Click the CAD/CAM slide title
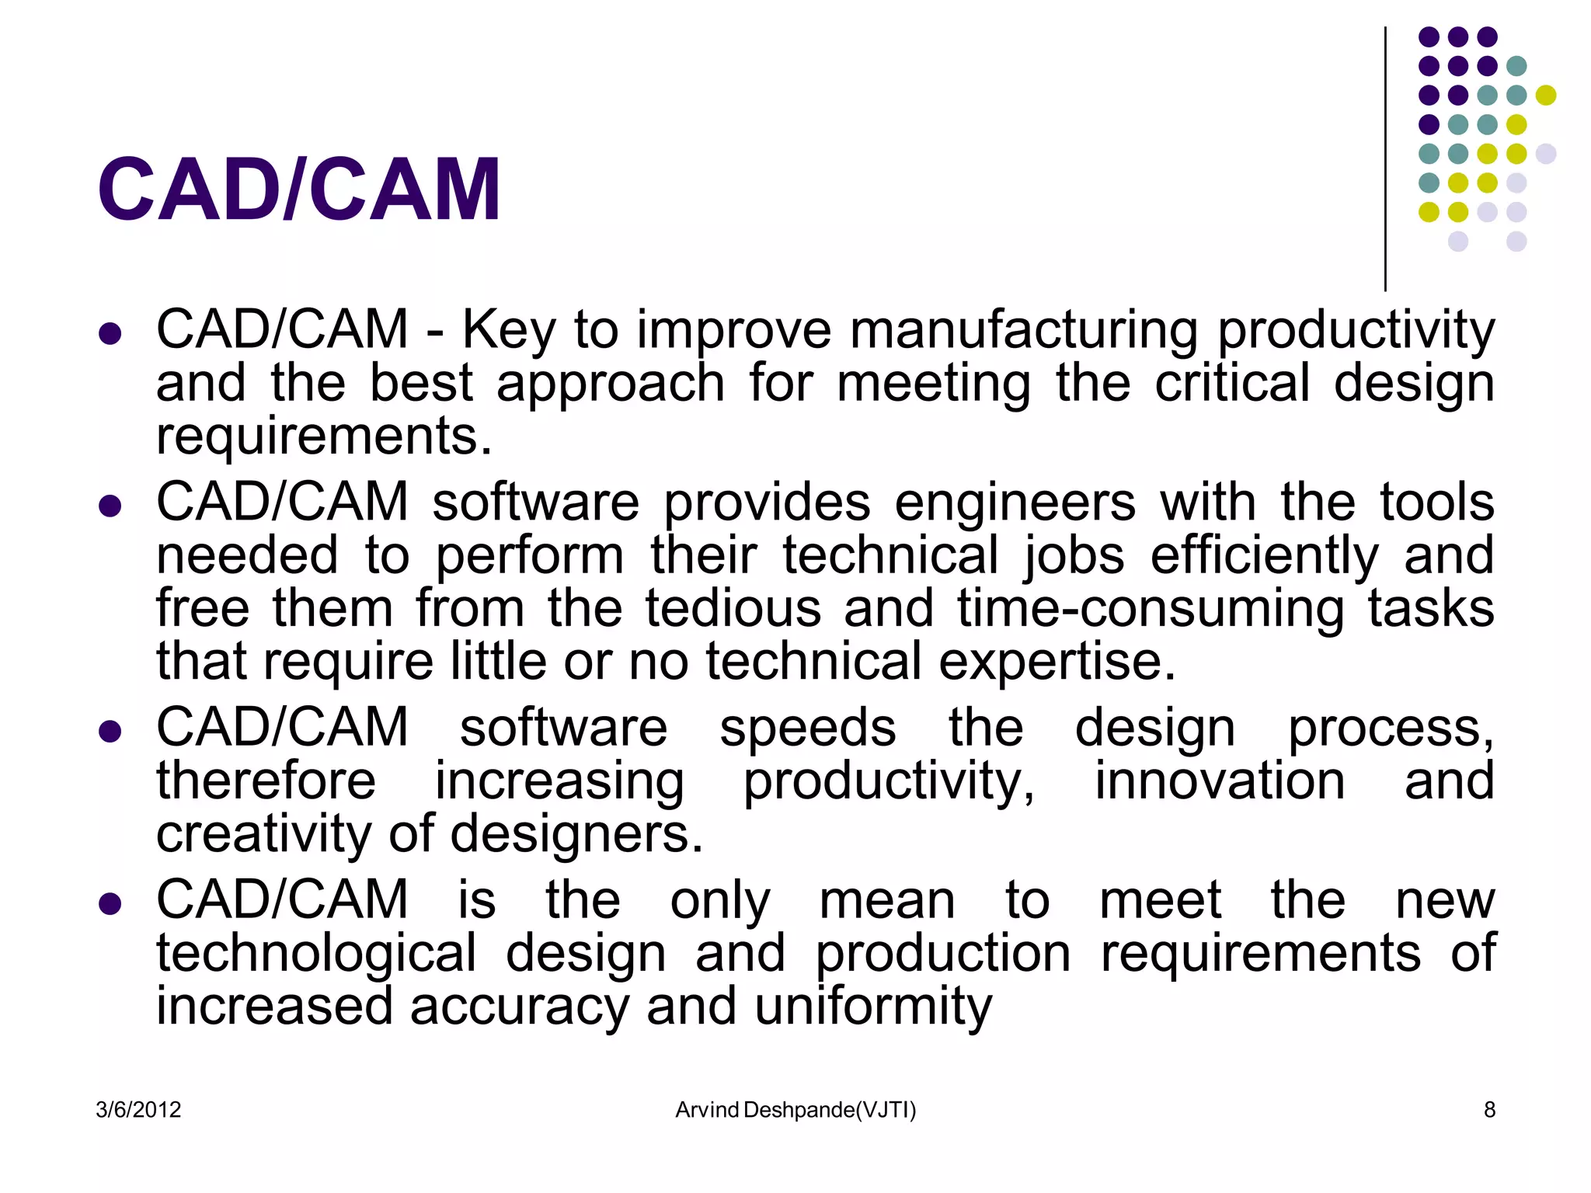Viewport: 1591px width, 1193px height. tap(299, 190)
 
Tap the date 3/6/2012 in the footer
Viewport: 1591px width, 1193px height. tap(138, 1110)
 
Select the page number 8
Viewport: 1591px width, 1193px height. tap(1489, 1110)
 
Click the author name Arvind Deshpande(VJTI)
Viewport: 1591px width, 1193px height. tap(795, 1110)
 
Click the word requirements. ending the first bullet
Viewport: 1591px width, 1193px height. tap(324, 437)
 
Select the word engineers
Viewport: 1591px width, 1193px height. tap(1015, 503)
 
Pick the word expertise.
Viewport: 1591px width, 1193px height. tap(1057, 662)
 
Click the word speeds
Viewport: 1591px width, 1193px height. tap(808, 729)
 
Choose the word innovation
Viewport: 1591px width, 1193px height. tap(1220, 781)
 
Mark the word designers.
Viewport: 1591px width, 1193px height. tap(576, 835)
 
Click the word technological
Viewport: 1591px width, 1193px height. tap(316, 955)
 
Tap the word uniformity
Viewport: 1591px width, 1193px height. tap(873, 1007)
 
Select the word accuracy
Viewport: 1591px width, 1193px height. tap(519, 1008)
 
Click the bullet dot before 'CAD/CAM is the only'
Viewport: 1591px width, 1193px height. tap(110, 903)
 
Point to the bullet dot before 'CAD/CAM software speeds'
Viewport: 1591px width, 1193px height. tap(110, 731)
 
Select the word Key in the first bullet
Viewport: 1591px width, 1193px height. tap(509, 330)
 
